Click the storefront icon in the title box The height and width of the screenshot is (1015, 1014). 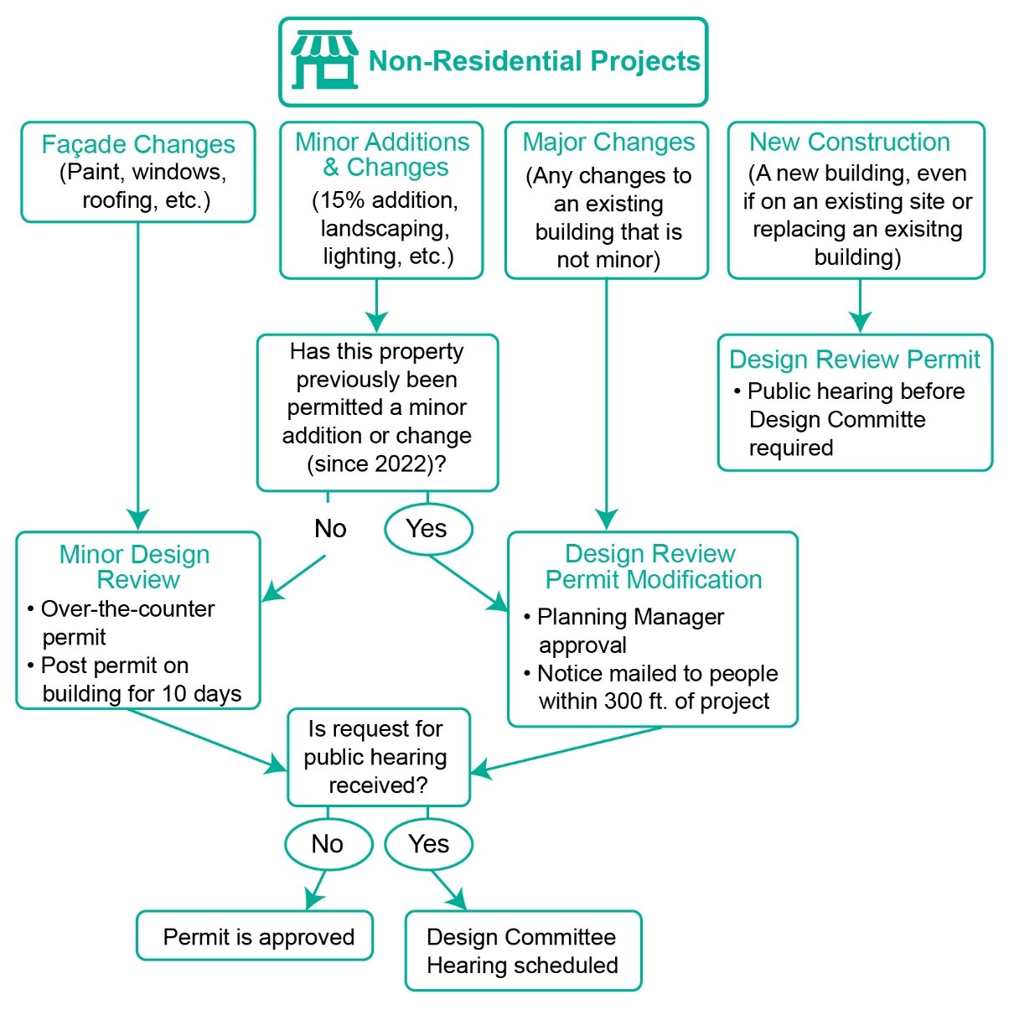(x=323, y=60)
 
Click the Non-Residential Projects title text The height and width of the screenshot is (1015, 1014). (x=534, y=61)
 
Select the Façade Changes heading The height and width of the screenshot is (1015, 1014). (x=138, y=144)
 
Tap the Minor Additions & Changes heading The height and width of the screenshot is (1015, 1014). (x=382, y=154)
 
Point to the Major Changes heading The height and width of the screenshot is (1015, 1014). (x=608, y=142)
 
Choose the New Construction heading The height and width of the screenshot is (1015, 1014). (x=849, y=142)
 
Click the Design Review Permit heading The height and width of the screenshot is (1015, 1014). (x=854, y=360)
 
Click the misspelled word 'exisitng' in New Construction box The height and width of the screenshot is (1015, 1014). (x=923, y=229)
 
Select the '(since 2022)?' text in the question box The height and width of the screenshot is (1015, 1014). (x=376, y=463)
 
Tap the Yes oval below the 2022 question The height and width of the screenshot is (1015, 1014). (x=427, y=529)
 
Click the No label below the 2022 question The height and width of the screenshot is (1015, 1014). (x=330, y=529)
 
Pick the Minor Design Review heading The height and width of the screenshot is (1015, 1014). (x=136, y=567)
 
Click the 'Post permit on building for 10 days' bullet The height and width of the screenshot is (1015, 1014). (x=134, y=680)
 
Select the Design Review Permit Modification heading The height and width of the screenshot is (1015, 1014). (x=652, y=567)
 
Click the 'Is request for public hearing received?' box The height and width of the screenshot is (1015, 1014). (x=378, y=757)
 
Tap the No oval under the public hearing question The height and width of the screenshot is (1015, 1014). (x=328, y=844)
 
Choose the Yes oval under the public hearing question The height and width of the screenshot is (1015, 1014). (x=428, y=844)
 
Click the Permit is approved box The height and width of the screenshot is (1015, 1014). (x=256, y=936)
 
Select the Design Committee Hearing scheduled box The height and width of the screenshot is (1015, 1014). (x=523, y=950)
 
